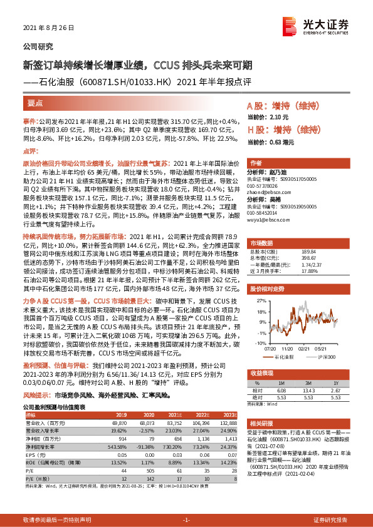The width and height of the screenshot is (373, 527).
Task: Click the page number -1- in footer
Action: [x=186, y=520]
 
